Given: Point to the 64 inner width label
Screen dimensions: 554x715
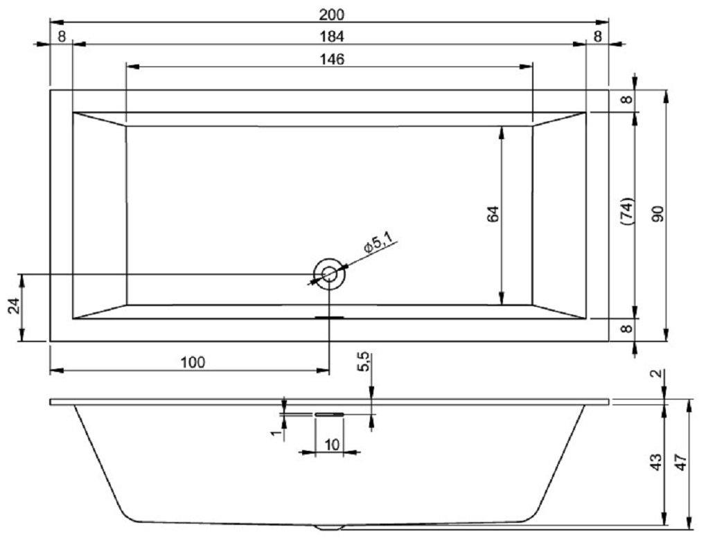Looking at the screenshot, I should pos(493,214).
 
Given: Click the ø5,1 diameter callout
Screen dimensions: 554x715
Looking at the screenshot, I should pos(378,244).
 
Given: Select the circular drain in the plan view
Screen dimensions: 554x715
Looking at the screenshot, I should pos(329,274).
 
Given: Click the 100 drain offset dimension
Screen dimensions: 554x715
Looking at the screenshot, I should pos(193,361).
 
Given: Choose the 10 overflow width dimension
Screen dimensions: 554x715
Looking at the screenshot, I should pos(332,444).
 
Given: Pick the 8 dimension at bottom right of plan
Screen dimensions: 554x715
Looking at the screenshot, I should pos(626,329).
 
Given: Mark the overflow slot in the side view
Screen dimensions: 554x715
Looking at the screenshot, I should pos(328,413).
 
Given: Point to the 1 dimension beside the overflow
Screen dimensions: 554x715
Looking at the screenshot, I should pos(275,433).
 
